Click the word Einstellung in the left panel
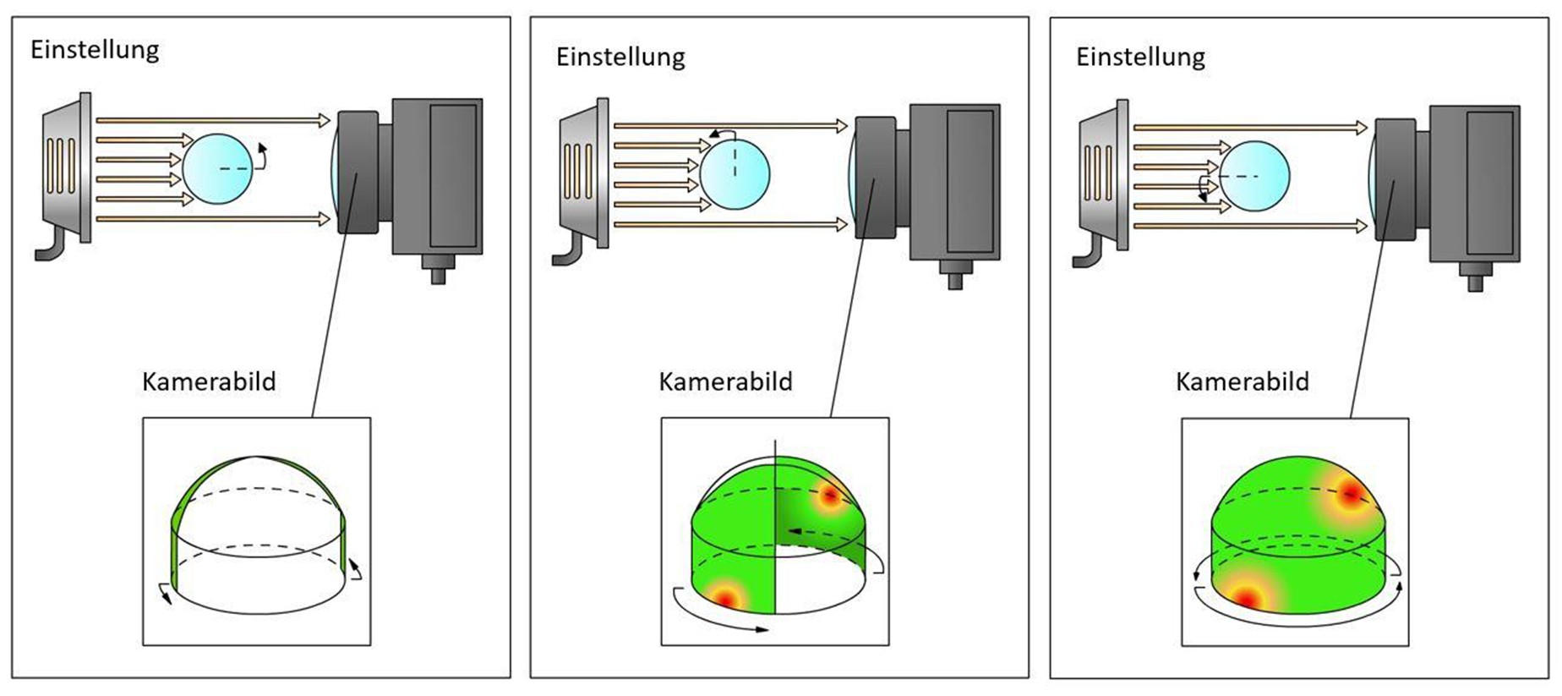tap(95, 50)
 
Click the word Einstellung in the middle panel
tap(620, 58)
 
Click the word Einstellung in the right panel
tap(1140, 58)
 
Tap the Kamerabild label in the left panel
tap(209, 381)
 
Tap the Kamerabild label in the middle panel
tap(725, 381)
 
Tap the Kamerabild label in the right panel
tap(1242, 381)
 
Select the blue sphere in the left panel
tap(217, 168)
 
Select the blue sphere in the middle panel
tap(735, 173)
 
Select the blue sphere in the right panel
tap(1254, 175)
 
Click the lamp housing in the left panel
tap(66, 167)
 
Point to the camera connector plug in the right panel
tap(1475, 277)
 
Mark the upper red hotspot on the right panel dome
tap(1350, 493)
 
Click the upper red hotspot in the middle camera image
tap(830, 496)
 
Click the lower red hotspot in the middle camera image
tap(726, 596)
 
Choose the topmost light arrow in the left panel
tap(211, 121)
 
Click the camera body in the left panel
tap(436, 176)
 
